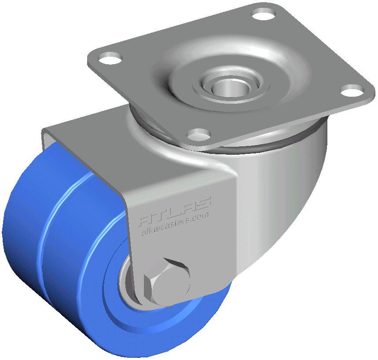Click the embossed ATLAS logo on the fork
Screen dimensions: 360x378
[175, 209]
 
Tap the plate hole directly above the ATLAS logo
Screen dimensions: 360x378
[198, 133]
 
